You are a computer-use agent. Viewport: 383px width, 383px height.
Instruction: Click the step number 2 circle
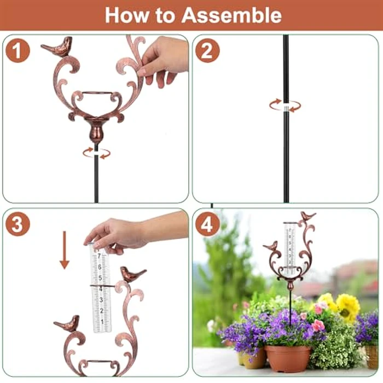tap(207, 50)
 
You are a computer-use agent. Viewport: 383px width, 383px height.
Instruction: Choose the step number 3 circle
tap(18, 224)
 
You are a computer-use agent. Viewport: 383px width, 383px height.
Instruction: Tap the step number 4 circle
tap(207, 224)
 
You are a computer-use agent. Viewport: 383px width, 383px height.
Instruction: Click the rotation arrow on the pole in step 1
tap(96, 153)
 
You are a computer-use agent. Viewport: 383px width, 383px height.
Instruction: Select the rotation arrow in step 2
tap(285, 105)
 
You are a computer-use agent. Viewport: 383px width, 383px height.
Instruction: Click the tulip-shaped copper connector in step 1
tap(96, 132)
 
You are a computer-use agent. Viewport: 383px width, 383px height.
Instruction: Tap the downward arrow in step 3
tap(65, 250)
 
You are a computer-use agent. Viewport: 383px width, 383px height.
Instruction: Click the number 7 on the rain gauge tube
tap(99, 256)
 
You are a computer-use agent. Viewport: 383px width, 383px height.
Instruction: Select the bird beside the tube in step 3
tap(132, 274)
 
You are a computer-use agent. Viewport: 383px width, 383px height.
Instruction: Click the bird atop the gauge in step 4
tap(308, 216)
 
